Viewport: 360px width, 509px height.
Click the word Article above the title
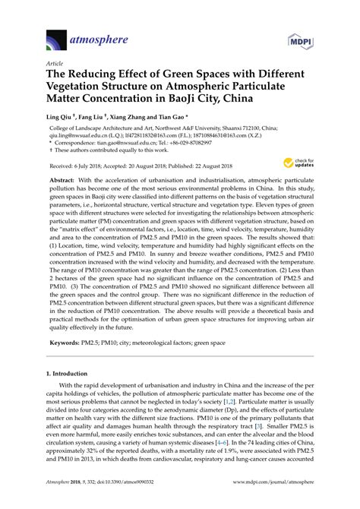tap(55, 64)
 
